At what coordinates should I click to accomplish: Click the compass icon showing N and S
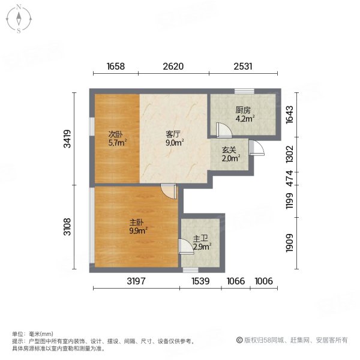click(x=19, y=19)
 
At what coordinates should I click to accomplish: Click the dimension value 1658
click(x=115, y=67)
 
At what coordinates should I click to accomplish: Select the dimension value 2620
click(x=173, y=67)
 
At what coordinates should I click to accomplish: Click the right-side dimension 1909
click(x=289, y=244)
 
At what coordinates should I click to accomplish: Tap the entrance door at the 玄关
click(x=256, y=148)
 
